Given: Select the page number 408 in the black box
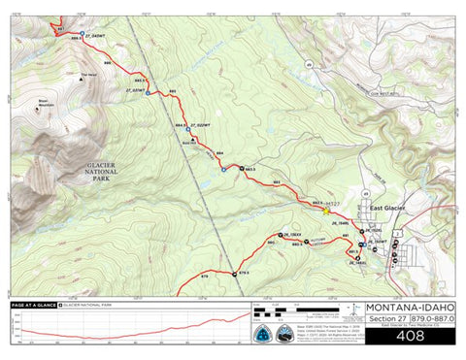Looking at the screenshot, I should point(410,336).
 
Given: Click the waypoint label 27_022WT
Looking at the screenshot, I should point(201,125).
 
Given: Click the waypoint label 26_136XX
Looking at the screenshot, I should point(292,234).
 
